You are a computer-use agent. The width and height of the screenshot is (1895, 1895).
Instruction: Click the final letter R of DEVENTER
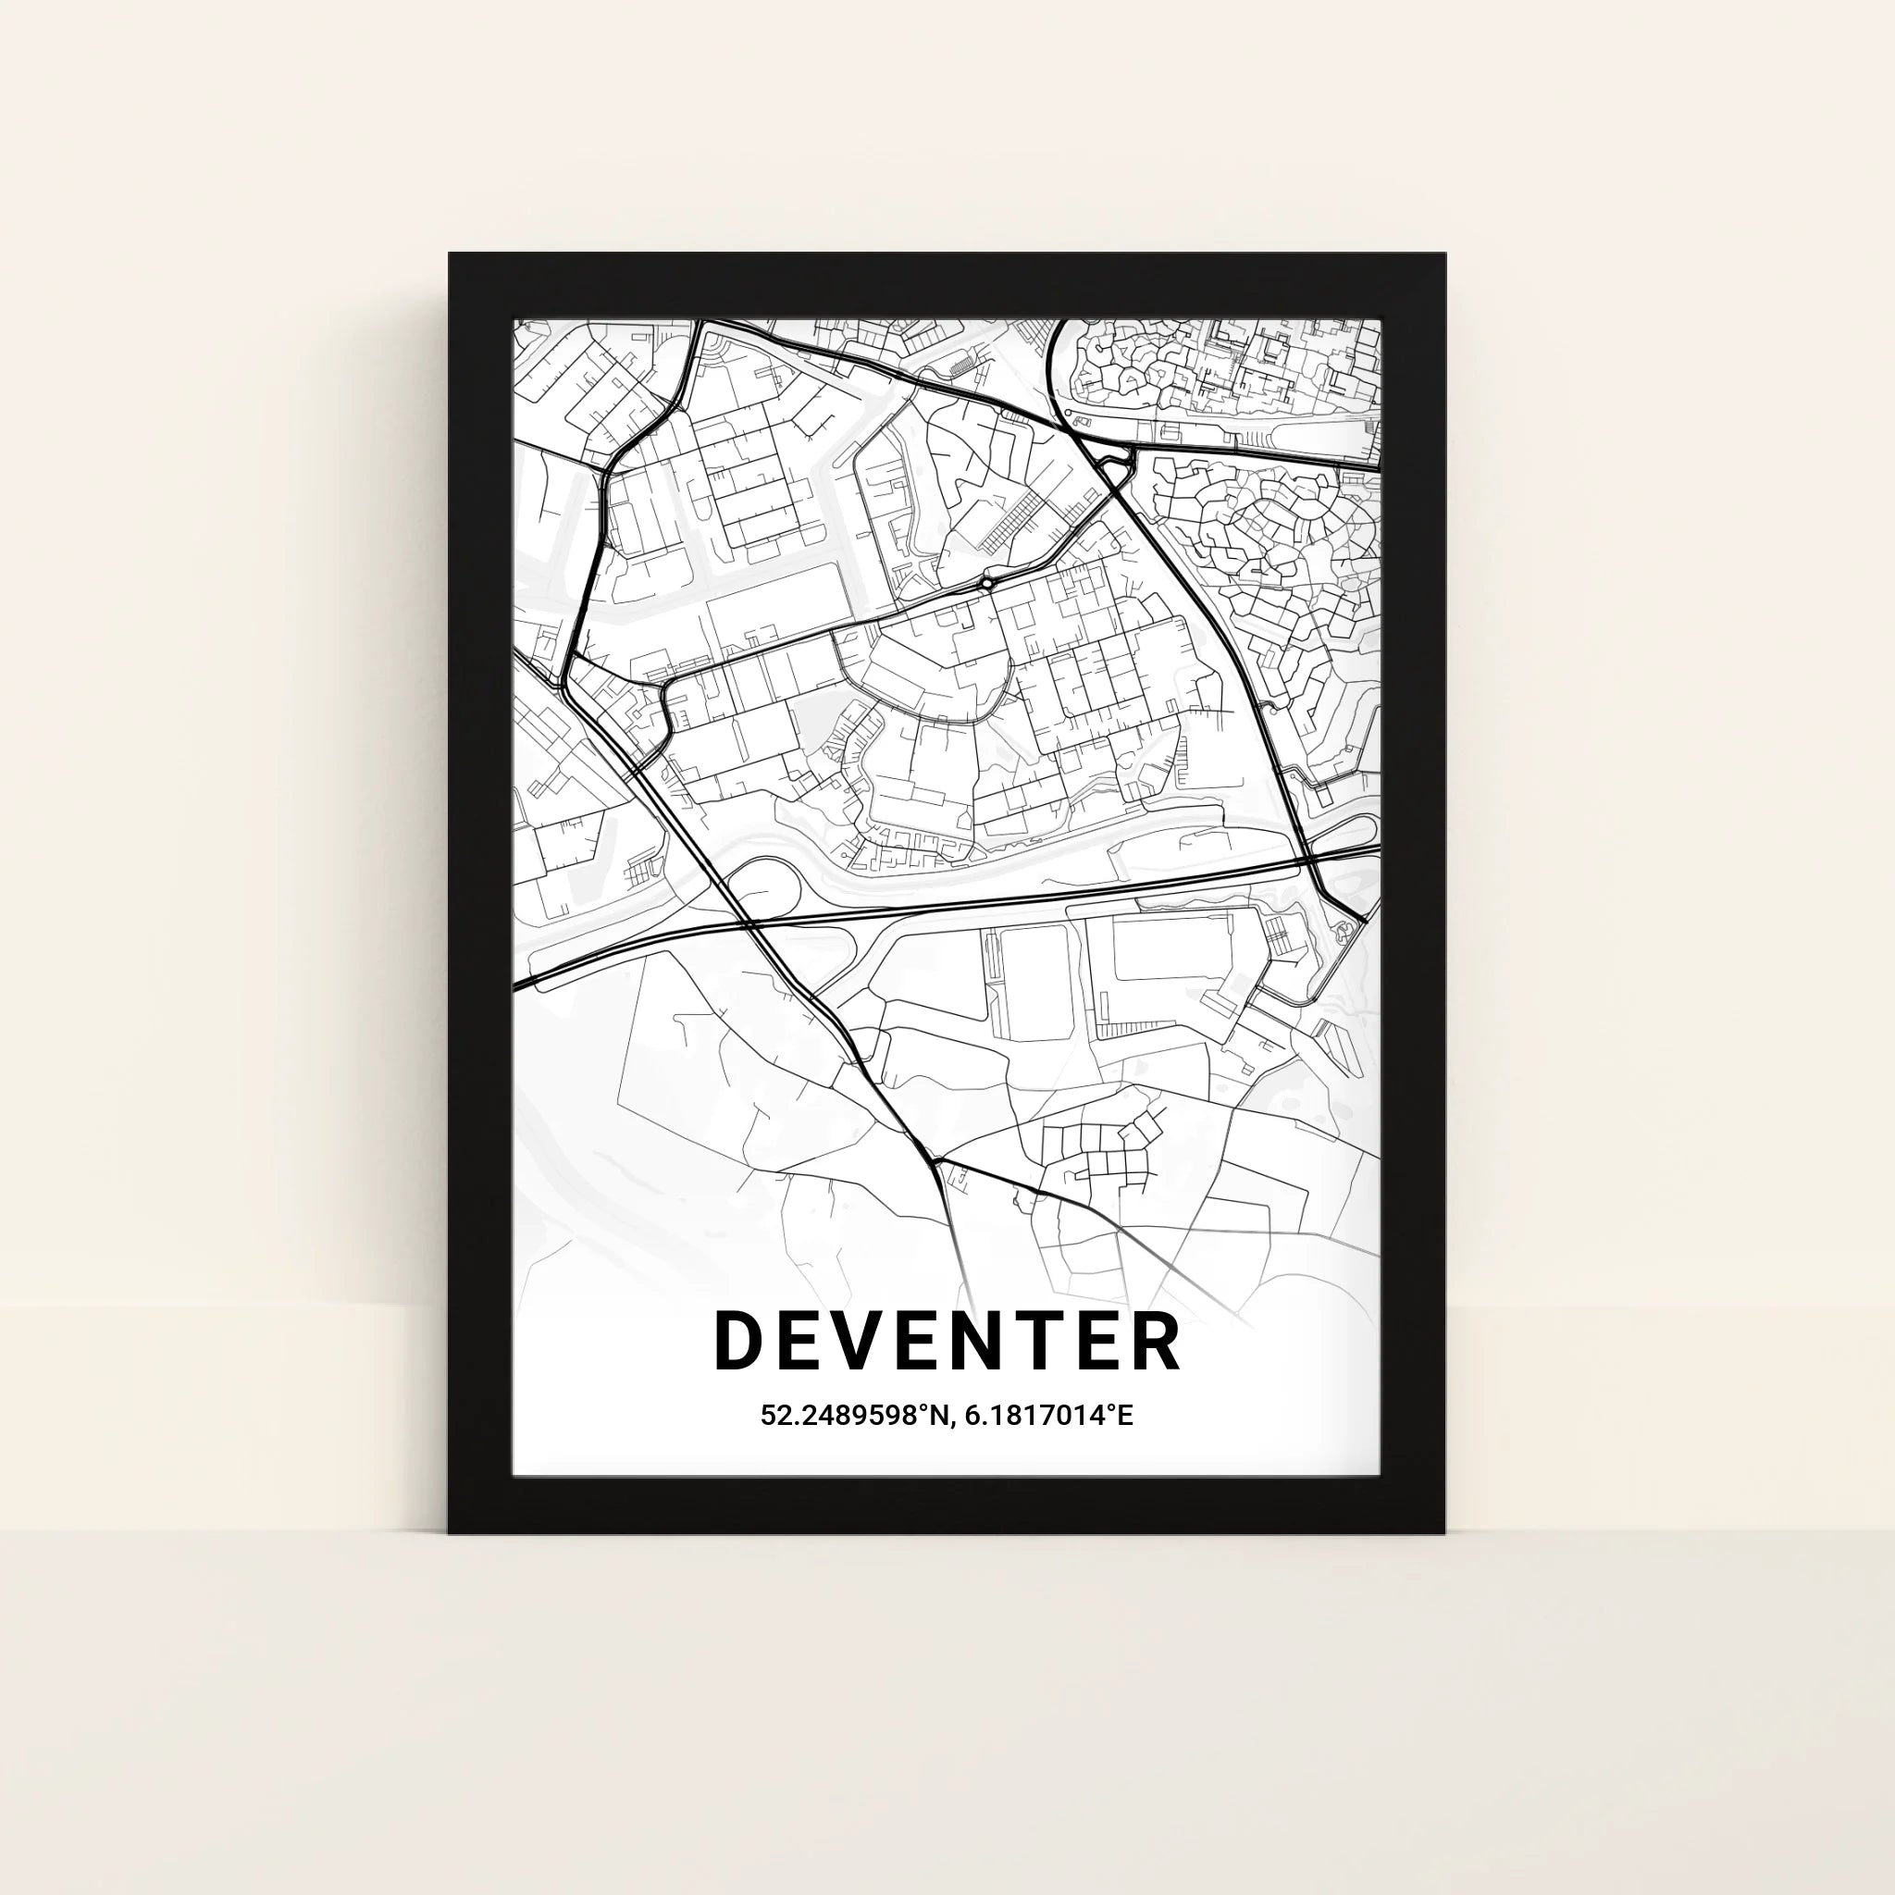tap(1157, 1342)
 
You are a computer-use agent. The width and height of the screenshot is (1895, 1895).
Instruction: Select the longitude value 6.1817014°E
tap(1049, 1417)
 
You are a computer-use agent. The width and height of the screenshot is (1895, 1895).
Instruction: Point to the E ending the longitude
tap(1125, 1417)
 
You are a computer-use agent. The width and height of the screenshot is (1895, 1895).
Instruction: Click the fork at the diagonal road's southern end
tap(936, 1161)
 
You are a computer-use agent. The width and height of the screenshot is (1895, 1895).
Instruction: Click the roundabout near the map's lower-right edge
tap(1351, 925)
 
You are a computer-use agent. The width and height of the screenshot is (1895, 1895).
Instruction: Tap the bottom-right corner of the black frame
tap(1443, 1531)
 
